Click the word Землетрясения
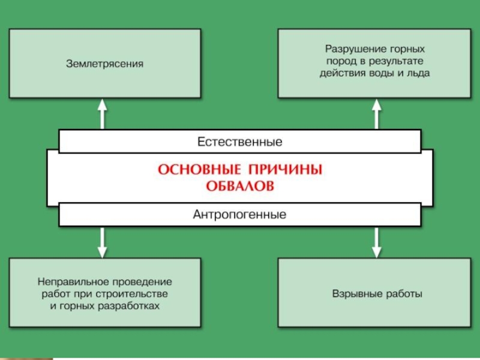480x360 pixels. pos(104,63)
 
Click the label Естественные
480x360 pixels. pos(240,142)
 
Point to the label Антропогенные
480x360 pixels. pos(240,214)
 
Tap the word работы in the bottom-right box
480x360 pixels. pos(403,294)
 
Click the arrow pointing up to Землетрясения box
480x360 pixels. pos(103,113)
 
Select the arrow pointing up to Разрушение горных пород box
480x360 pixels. pos(377,113)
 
